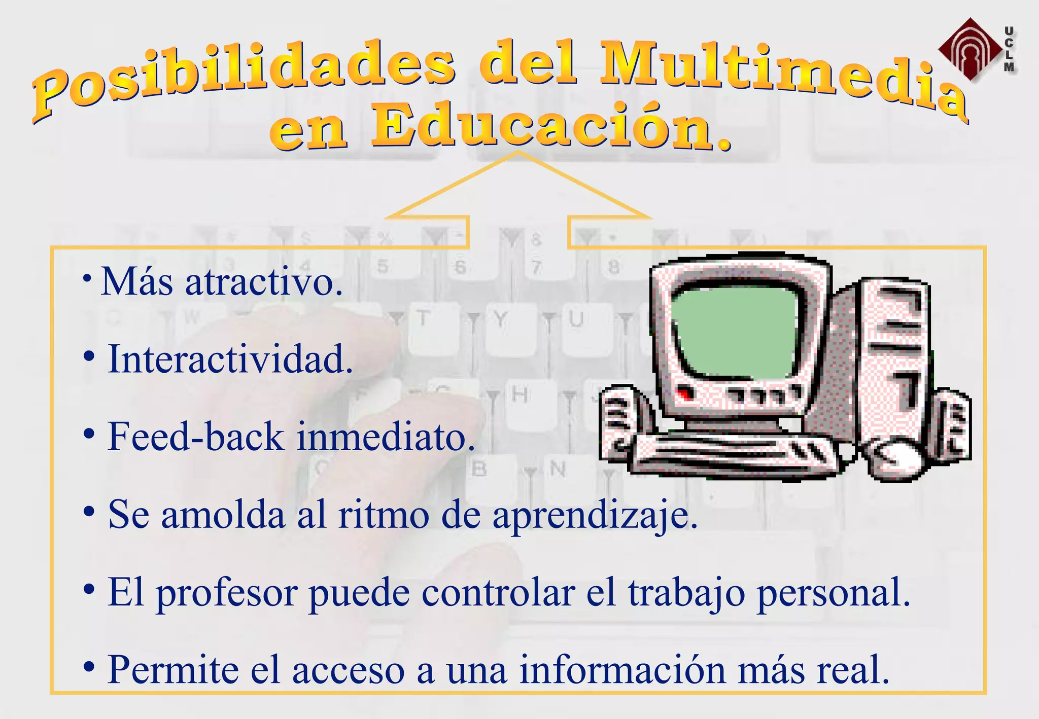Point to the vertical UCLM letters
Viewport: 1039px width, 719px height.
coord(1009,49)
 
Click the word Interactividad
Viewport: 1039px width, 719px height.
coord(230,359)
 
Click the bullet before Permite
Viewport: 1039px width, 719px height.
coord(89,666)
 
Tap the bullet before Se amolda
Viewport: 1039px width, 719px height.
coord(89,512)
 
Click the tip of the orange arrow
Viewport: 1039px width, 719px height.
coord(518,152)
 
